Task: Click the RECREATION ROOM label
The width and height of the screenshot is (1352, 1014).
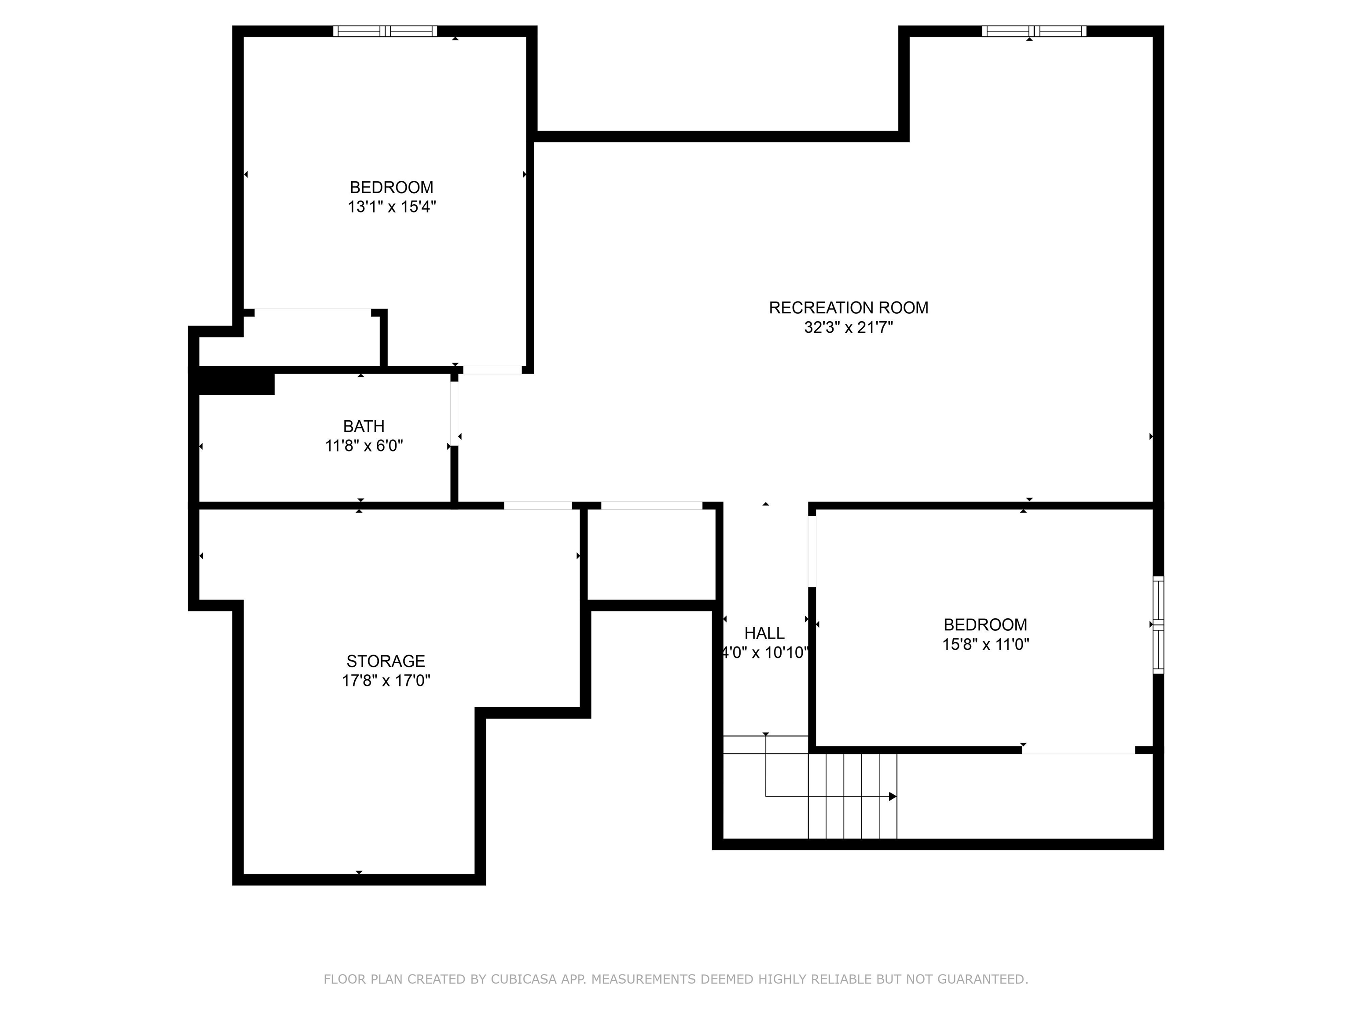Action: point(849,308)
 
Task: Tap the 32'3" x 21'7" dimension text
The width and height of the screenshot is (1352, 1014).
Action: point(849,327)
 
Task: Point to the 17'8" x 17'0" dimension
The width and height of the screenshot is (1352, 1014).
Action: point(386,680)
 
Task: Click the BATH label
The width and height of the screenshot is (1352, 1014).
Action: point(364,426)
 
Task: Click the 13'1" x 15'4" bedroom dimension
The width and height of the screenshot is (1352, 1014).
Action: point(392,206)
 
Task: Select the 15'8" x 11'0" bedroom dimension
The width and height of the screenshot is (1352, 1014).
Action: point(985,644)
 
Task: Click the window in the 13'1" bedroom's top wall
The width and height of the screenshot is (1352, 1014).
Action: point(385,31)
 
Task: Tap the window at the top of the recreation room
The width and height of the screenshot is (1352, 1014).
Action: point(1034,31)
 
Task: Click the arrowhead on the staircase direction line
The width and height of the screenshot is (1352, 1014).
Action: point(893,797)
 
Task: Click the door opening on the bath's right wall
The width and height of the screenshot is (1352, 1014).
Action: point(454,413)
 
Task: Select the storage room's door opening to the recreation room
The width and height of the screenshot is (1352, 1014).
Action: point(538,506)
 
